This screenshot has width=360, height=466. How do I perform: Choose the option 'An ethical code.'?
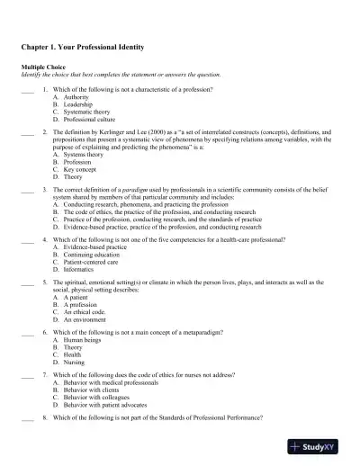coord(83,312)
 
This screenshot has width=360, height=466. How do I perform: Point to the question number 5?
coord(45,282)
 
